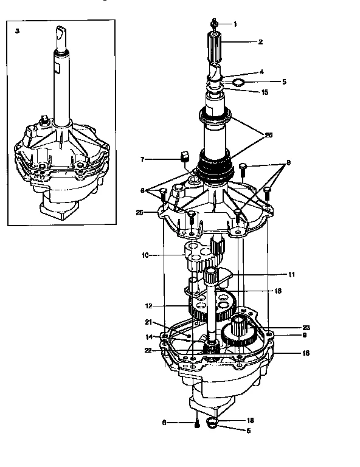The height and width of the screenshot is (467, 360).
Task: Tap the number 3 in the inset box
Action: (17, 30)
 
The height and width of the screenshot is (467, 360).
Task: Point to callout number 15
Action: (265, 92)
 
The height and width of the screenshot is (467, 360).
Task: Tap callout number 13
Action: (278, 291)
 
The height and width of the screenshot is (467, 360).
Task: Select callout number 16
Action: (288, 353)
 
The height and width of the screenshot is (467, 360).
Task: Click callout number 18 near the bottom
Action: (249, 420)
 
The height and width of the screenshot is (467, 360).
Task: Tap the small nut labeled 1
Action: (215, 24)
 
